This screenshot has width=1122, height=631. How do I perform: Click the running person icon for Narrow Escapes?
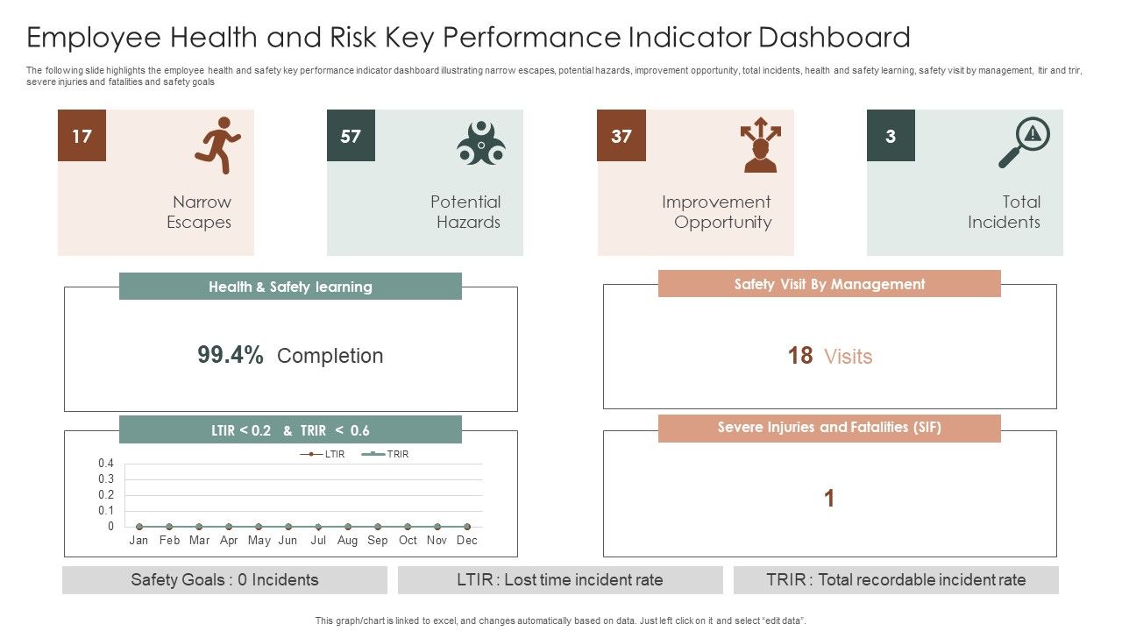[217, 145]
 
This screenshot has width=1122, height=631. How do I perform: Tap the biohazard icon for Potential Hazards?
[480, 143]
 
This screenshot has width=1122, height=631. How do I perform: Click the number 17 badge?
[82, 136]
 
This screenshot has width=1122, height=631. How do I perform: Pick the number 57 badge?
[351, 136]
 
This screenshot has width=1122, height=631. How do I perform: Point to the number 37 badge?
[621, 136]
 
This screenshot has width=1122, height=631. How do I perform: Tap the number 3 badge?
[891, 136]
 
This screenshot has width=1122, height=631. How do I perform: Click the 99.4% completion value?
[231, 355]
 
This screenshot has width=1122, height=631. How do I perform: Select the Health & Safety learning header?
[290, 287]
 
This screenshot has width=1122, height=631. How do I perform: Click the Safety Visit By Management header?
[829, 284]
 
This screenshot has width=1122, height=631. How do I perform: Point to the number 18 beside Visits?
[799, 356]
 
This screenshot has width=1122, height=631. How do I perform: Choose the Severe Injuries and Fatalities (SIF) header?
[829, 428]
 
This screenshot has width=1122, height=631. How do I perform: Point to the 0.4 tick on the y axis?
[106, 463]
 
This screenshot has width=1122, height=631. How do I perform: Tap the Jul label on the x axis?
[318, 540]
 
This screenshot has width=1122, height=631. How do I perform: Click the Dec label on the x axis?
[467, 540]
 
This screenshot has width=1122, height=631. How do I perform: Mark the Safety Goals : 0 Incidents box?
[224, 580]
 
